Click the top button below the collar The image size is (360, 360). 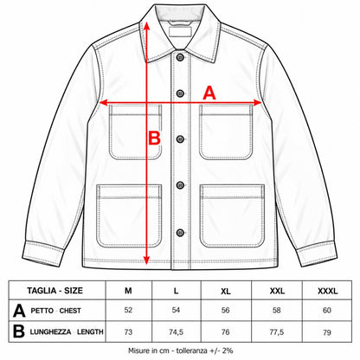pos(180,57)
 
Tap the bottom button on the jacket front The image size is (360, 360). pos(180,233)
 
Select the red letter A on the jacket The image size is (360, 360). pos(209,93)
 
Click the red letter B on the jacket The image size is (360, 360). pos(154,138)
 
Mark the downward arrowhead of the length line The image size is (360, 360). pos(146,260)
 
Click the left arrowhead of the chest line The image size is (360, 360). pos(104,102)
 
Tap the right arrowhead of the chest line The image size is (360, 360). pos(257,102)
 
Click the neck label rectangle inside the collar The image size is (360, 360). pos(180,32)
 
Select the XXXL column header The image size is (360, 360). pos(327,291)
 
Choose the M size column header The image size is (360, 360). pos(128,291)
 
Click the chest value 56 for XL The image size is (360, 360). pos(225,310)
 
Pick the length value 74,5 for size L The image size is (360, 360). pos(176,332)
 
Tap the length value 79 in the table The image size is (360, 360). pos(327,332)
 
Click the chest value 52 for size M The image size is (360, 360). pos(128,310)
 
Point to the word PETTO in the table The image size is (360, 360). pos(42,311)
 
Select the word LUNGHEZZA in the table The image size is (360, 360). pos(50,332)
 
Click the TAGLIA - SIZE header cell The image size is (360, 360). pos(55,291)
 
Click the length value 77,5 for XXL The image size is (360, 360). pos(277,332)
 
